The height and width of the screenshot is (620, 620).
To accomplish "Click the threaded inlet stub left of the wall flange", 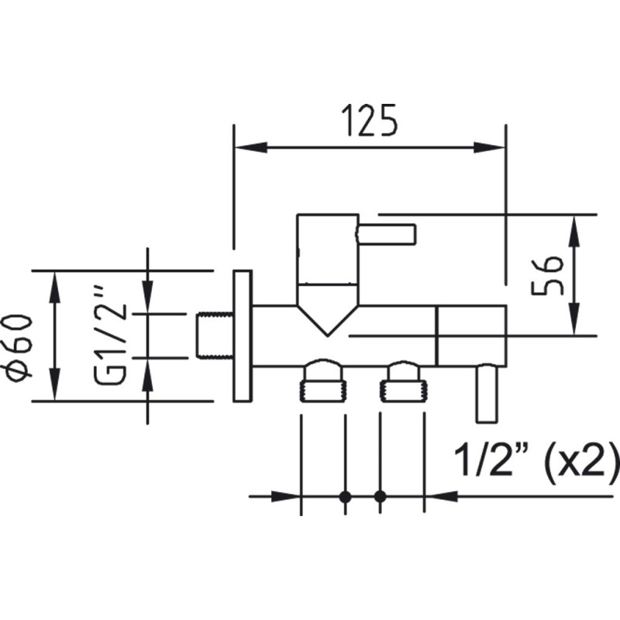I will (215, 336).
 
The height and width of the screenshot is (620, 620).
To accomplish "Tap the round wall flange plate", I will (243, 336).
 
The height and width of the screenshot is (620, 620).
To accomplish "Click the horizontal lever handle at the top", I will (386, 233).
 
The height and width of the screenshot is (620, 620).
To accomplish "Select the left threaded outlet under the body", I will (322, 381).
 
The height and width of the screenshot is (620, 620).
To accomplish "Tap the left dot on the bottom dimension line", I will (346, 497).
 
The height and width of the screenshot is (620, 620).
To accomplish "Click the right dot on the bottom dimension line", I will (380, 497).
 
